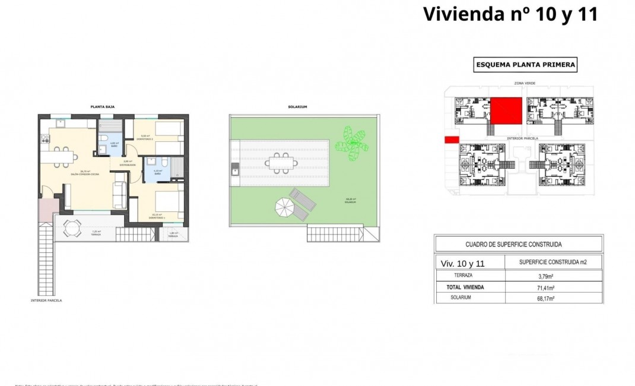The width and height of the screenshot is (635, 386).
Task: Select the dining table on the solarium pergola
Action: point(280,161)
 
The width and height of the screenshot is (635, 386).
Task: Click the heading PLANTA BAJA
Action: point(102,107)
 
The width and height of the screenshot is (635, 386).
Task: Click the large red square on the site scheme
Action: point(506,110)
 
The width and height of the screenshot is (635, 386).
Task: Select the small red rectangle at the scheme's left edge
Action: point(451,140)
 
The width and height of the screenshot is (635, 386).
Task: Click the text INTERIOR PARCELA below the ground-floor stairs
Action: point(46,300)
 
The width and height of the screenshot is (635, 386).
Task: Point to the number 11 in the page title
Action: point(584,14)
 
